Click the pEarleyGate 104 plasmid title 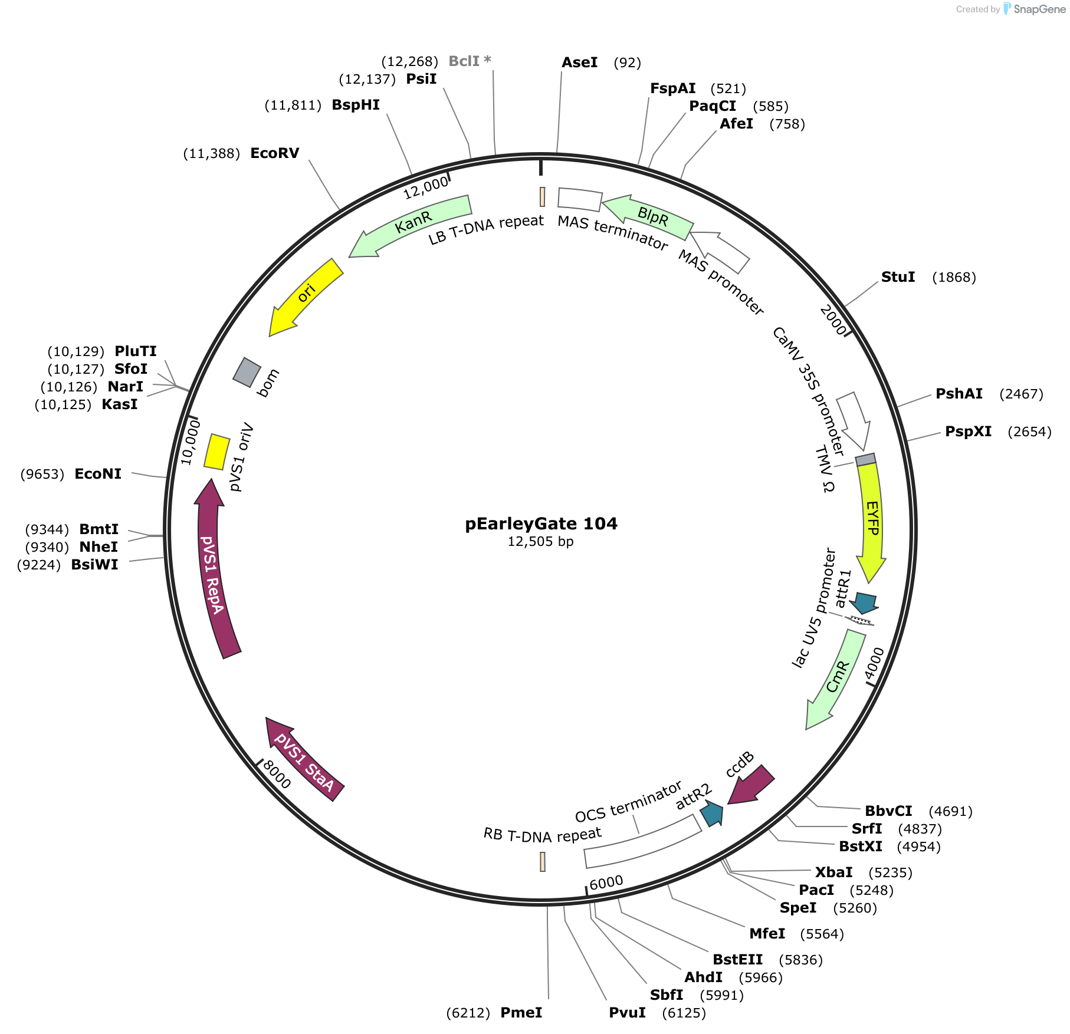541,523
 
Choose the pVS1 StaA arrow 304,760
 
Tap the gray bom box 247,372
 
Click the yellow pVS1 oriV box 216,452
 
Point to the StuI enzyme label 898,277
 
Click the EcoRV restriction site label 274,153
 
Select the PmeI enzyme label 521,1013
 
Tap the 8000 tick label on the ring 277,775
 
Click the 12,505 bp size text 540,542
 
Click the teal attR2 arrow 712,814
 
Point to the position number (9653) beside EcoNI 42,474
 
